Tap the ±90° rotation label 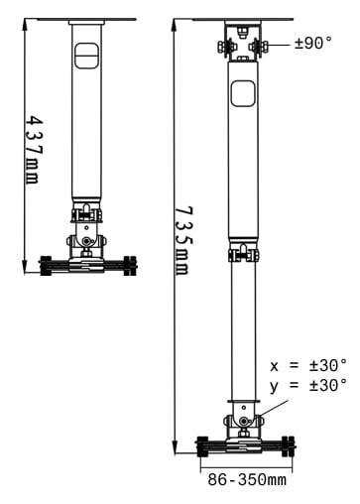314,43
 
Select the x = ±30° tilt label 308,365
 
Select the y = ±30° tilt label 308,384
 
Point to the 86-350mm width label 247,480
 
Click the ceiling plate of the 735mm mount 243,19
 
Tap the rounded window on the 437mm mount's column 87,57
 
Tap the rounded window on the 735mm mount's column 243,94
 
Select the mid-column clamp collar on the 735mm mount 243,255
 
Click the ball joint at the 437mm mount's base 87,241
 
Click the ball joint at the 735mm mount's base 244,422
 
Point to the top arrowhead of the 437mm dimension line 24,22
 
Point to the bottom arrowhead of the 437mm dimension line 24,269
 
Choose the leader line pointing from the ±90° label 280,44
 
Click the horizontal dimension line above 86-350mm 247,462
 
